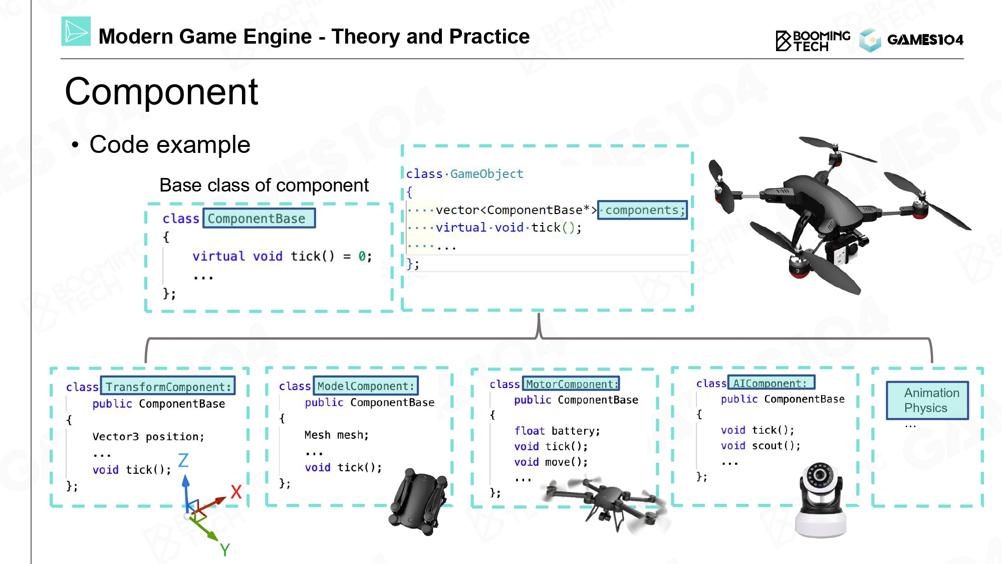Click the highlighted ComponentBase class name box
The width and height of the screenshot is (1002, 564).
tap(259, 218)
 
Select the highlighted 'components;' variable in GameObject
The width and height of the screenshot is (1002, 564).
tap(642, 210)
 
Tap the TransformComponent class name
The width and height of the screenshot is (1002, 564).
tap(168, 387)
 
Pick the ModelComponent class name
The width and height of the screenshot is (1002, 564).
tap(366, 386)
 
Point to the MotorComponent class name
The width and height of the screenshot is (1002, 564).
tap(571, 384)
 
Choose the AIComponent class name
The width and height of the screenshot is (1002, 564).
tap(772, 383)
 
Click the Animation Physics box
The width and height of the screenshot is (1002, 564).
tap(927, 400)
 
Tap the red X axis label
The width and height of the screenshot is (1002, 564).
tap(236, 492)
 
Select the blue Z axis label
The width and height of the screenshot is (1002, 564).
tap(183, 460)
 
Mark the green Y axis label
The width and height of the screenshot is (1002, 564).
tap(225, 550)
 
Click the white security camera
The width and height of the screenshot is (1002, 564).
tap(821, 500)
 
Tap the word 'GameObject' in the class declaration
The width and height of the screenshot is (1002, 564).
tap(486, 174)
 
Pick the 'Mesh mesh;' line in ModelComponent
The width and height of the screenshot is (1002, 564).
tap(337, 435)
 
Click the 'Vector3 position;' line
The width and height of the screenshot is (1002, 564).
tap(148, 437)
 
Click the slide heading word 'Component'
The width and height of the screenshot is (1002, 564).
tap(161, 92)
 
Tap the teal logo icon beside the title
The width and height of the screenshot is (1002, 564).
tap(76, 31)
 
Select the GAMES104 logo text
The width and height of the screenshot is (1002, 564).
tap(925, 40)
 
